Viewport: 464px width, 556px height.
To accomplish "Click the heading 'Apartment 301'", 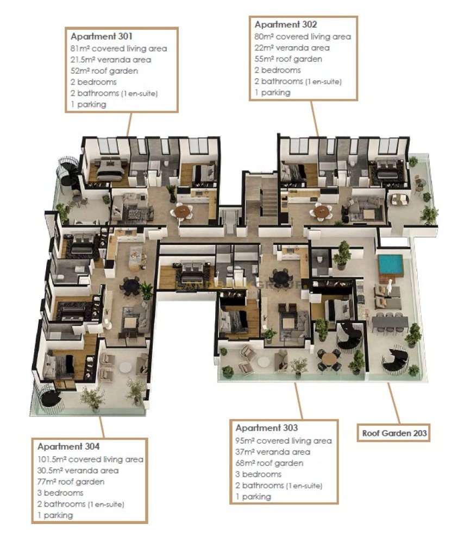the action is point(102,36).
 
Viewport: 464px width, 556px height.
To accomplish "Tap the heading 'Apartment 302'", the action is point(286,24).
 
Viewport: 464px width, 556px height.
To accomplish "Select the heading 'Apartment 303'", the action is point(267,428).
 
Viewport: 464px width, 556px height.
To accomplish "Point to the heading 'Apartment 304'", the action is point(68,446).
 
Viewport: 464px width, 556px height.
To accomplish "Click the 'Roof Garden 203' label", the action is point(394,433).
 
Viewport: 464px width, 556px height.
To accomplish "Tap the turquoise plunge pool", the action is point(391,263).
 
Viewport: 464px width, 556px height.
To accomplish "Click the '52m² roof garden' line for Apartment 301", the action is point(104,71).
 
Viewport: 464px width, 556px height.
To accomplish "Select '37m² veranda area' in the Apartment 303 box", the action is point(273,452).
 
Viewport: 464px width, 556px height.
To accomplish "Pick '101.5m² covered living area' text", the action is point(90,459).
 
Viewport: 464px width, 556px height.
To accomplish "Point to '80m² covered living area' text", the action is point(303,36).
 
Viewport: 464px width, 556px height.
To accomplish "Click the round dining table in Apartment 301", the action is point(183,211).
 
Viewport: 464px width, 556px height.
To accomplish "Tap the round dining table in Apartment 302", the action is point(322,212).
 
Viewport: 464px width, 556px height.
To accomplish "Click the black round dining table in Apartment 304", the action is point(131,285).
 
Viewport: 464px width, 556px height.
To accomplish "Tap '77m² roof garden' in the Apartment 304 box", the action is point(71,482).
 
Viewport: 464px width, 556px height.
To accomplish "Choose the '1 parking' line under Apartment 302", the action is point(272,92).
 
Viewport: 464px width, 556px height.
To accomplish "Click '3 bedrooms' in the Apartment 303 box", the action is point(258,475).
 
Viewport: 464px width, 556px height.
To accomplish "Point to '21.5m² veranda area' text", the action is point(111,60).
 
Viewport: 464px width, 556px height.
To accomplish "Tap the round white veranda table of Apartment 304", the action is point(126,368).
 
